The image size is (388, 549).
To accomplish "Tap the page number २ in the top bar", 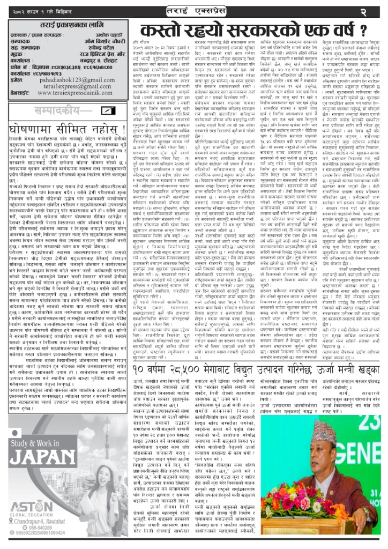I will click(377, 11).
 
